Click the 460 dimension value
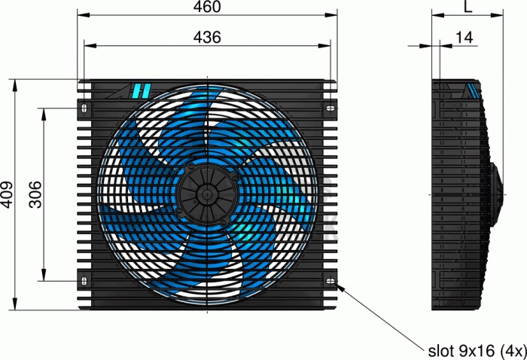(x=207, y=7)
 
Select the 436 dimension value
(x=207, y=37)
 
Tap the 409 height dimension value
(x=7, y=194)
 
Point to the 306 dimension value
(x=35, y=194)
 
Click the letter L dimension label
(x=468, y=7)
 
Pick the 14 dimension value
(x=465, y=38)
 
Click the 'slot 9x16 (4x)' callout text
(x=477, y=351)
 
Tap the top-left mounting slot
(x=84, y=108)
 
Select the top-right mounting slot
(x=331, y=108)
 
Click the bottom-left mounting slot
(x=84, y=281)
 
